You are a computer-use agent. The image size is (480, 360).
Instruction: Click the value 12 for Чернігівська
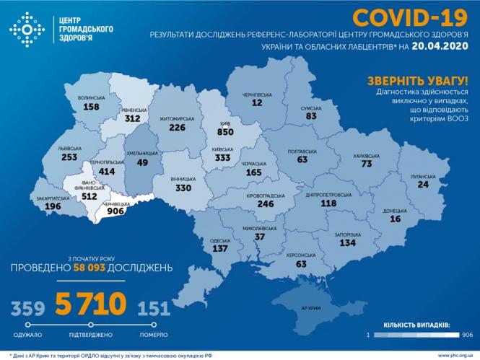(x=256, y=103)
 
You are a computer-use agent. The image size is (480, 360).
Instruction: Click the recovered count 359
(x=27, y=309)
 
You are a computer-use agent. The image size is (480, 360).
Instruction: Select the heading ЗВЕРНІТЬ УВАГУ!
(x=418, y=80)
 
